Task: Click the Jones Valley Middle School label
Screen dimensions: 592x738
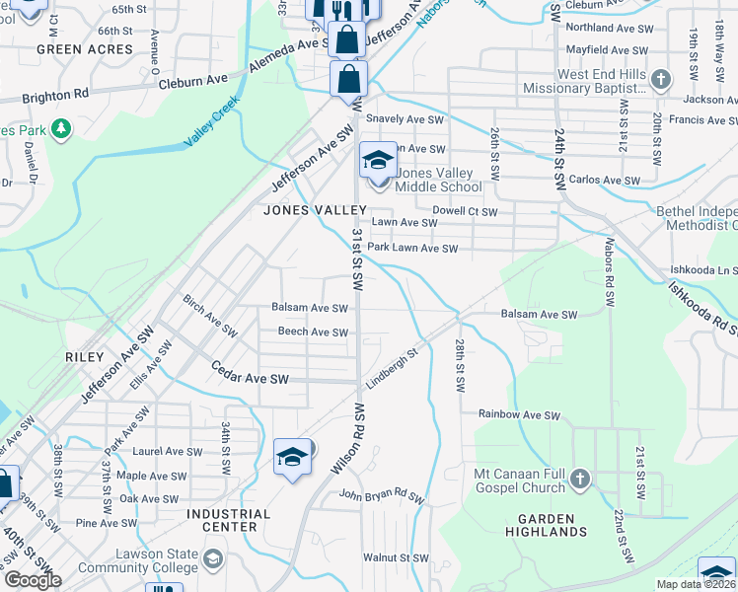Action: pos(438,180)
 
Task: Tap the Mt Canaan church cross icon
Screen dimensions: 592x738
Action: pos(580,480)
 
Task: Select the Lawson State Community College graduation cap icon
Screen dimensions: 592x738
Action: pos(212,561)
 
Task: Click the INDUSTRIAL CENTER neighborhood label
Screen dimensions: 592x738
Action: pos(228,520)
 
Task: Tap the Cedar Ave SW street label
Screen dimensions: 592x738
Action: pos(251,379)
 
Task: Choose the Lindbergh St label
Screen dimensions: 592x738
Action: pos(394,362)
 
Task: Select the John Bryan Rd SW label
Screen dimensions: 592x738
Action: pos(380,495)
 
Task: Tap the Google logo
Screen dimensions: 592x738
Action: pos(32,580)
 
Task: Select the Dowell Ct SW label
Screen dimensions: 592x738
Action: pos(465,211)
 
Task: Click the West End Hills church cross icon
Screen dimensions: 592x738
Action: pos(661,78)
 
